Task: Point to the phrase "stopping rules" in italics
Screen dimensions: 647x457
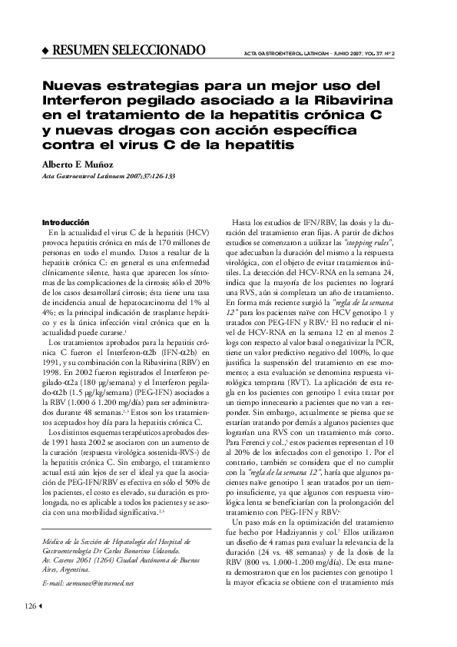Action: coord(369,241)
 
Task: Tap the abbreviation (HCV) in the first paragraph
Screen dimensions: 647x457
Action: coord(197,231)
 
